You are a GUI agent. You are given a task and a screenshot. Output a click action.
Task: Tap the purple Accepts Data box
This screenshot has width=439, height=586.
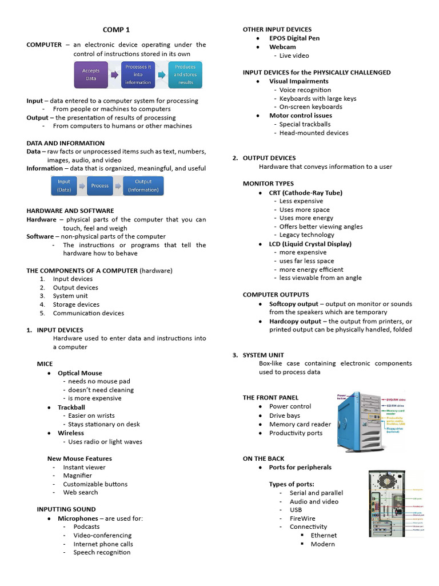coord(91,75)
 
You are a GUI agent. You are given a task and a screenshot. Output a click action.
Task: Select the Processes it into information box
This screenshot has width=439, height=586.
coord(138,75)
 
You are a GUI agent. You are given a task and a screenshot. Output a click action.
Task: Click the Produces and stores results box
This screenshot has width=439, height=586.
coord(185,75)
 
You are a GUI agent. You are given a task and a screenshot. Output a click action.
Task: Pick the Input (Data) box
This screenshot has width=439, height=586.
coord(64,185)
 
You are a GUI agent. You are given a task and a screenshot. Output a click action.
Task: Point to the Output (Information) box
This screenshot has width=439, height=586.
coord(143,185)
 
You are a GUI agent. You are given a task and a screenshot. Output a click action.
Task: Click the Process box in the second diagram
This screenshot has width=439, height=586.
coord(100,185)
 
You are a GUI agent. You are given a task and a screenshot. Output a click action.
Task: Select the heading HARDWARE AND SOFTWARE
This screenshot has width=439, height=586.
coord(70,211)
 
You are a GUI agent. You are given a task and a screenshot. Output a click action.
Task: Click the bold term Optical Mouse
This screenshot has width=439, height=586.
coord(80,373)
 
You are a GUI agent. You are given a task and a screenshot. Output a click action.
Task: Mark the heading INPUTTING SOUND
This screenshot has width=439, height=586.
coord(66,509)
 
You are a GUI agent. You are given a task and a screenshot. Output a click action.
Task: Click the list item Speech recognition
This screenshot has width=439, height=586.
coord(102,552)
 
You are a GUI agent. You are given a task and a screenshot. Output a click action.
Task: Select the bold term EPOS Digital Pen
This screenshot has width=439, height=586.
coord(294,38)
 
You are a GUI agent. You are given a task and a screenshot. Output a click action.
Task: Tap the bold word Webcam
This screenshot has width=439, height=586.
coord(282,47)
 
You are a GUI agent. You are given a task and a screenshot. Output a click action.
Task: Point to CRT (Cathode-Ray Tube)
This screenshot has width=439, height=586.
coord(306,193)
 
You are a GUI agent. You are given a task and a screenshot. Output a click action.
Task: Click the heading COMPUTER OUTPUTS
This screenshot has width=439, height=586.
coord(276,295)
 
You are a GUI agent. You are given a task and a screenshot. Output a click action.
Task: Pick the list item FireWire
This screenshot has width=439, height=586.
coord(302,518)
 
